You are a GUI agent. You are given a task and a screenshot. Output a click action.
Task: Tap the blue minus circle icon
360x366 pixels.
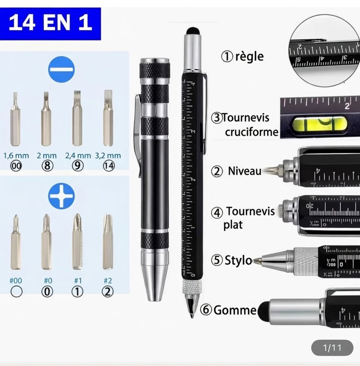(61, 69)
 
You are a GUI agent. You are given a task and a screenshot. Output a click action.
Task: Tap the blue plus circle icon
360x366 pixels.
(61, 196)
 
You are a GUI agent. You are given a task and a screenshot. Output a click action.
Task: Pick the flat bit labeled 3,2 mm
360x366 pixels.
(108, 118)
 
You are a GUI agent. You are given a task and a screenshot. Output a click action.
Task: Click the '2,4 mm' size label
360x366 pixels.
(78, 156)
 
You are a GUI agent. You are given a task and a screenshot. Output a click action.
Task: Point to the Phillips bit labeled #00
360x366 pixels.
(16, 242)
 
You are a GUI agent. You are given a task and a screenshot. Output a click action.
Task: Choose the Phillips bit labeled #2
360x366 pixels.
(108, 242)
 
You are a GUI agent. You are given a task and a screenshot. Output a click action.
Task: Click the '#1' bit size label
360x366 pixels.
(78, 281)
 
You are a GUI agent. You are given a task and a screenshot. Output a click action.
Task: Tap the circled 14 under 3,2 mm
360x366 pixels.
(109, 167)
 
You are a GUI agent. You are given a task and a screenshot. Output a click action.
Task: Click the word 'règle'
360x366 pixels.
(249, 56)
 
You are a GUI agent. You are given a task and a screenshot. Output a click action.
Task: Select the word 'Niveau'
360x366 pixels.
(245, 171)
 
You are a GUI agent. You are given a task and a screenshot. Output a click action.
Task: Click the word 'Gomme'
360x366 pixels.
(235, 310)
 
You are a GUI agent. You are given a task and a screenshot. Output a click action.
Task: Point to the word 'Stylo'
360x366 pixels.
(238, 261)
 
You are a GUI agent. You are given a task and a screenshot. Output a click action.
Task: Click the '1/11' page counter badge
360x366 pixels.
(332, 348)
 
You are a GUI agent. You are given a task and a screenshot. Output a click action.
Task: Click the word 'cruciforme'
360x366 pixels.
(251, 132)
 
